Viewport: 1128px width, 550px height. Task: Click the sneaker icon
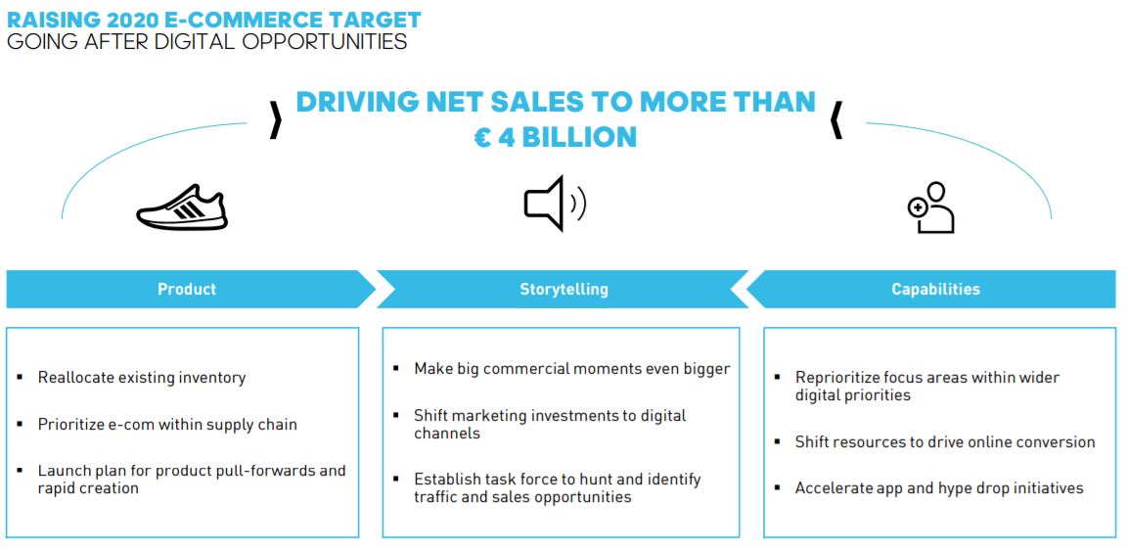(x=182, y=207)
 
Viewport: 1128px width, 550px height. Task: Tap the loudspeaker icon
(x=555, y=204)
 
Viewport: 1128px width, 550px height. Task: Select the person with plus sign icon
(x=931, y=207)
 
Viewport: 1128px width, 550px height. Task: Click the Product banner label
(x=187, y=290)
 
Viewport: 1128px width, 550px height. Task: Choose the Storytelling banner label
(x=564, y=290)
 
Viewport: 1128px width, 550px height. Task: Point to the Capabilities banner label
(x=936, y=290)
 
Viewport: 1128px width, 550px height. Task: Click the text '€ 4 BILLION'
(x=556, y=137)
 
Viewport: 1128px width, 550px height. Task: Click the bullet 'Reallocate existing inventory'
(x=142, y=377)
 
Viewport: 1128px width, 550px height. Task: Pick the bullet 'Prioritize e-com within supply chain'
(x=167, y=424)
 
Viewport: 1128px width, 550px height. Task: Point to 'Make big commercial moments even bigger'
(x=572, y=369)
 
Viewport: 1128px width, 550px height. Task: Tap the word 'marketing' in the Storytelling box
(x=491, y=416)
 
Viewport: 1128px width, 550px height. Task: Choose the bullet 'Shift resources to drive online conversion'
(x=945, y=442)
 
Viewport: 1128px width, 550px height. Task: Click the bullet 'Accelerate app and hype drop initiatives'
(x=939, y=488)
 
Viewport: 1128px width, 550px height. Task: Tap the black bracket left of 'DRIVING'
(x=276, y=120)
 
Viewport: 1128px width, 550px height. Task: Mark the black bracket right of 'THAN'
(x=835, y=120)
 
